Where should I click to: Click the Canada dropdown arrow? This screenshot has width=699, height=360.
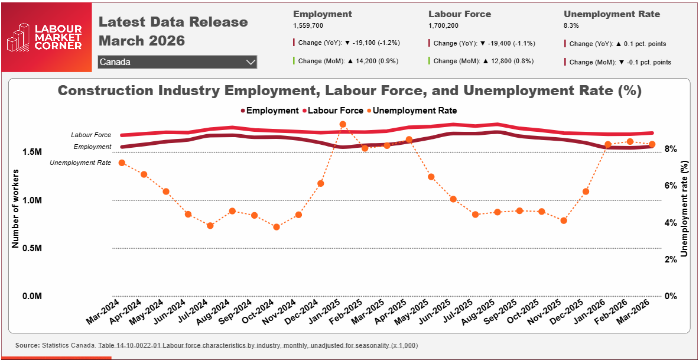coord(250,62)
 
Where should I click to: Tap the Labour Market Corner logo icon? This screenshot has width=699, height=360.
coord(18,37)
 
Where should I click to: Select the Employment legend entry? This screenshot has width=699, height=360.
coord(269,111)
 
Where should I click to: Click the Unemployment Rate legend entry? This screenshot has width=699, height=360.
coord(411,111)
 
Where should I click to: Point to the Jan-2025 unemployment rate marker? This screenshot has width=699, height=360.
coord(343,124)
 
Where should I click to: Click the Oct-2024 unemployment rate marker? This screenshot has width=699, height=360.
coord(276,226)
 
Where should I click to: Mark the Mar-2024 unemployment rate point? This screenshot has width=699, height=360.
coord(122,163)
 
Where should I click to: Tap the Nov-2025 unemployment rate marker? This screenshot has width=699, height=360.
coord(564,220)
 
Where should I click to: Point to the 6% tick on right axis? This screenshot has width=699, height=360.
coord(669,186)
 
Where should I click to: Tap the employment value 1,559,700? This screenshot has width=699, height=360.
coord(308,26)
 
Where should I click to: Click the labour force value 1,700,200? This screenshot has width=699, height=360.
coord(443,26)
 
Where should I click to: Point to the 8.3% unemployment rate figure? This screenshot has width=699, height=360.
coord(571,26)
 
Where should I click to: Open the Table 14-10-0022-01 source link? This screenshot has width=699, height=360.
coord(258,345)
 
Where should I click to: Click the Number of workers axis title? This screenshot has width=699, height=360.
coord(16,209)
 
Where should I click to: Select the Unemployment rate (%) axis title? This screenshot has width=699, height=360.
coord(685,209)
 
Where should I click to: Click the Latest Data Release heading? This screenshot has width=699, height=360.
coord(173,22)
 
